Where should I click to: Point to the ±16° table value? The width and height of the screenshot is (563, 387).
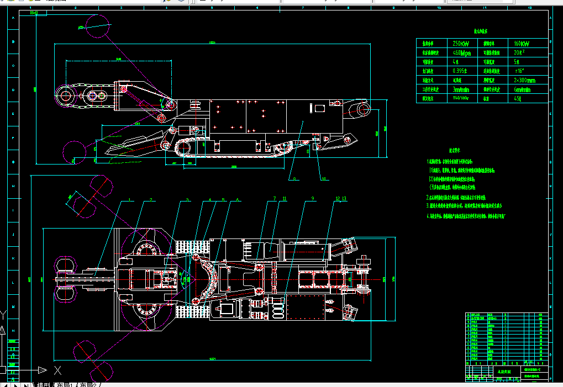tap(519, 71)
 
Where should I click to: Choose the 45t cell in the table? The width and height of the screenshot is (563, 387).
tap(518, 99)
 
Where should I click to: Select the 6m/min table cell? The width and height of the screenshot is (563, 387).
tap(522, 89)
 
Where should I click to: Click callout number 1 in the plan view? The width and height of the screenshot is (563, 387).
tap(129, 199)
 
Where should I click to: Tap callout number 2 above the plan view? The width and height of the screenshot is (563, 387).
tap(151, 199)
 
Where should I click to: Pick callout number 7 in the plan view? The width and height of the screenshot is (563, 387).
tap(274, 198)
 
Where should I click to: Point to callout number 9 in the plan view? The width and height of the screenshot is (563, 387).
tap(313, 198)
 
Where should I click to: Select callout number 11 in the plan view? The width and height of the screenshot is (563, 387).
tap(285, 198)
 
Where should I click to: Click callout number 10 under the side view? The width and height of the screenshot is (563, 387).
tap(324, 178)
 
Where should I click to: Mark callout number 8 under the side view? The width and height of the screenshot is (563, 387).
tap(295, 178)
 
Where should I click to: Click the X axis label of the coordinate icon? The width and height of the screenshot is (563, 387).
tap(57, 370)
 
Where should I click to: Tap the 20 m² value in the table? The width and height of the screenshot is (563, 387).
tap(519, 53)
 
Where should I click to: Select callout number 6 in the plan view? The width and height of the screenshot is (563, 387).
tap(238, 199)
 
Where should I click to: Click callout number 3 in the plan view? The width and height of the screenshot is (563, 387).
tap(187, 199)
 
